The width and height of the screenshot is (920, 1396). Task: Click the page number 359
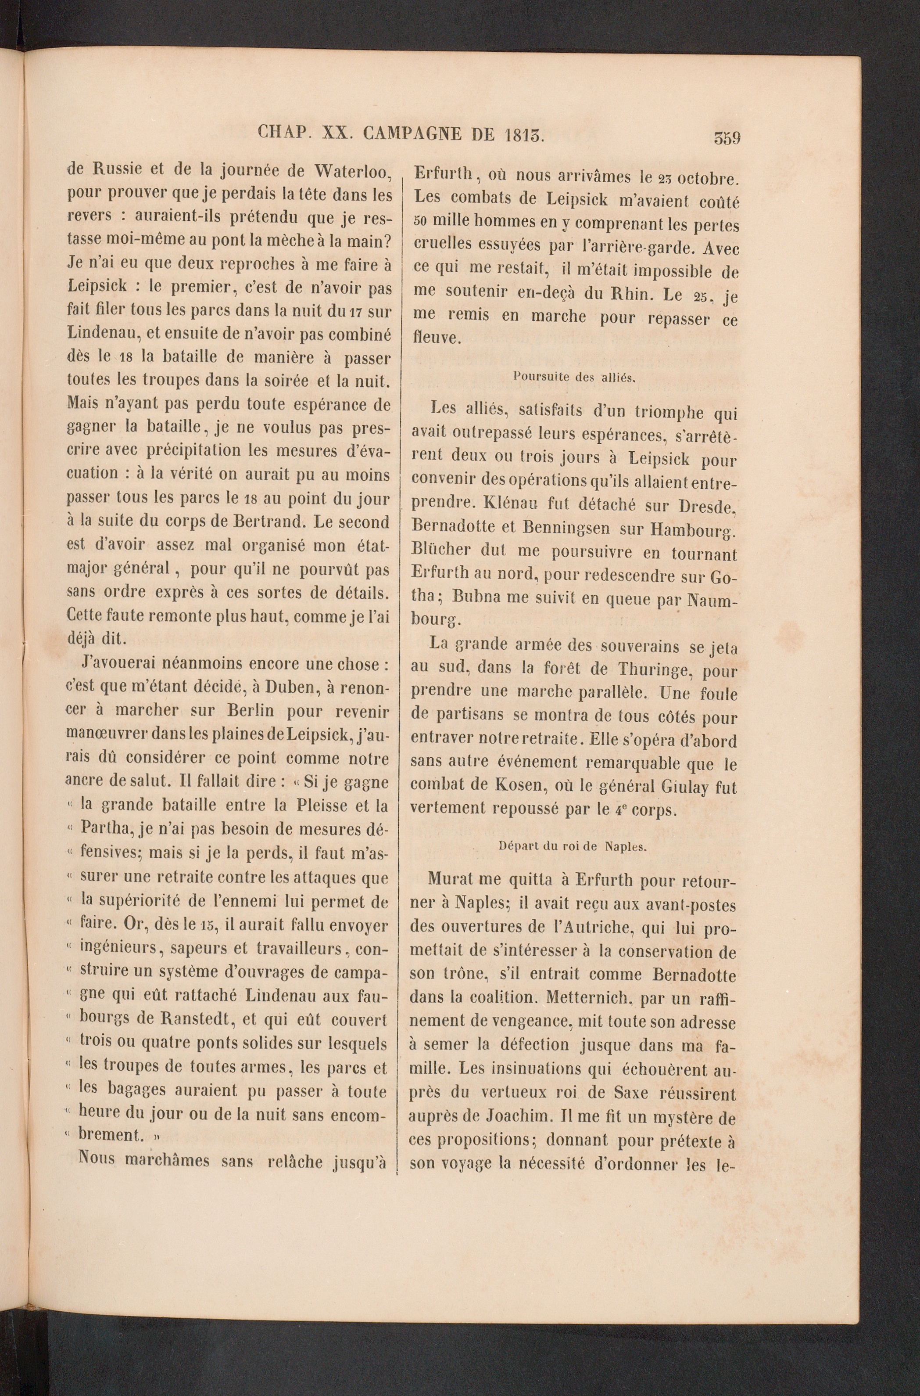[x=727, y=139]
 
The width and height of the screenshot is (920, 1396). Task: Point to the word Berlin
[x=251, y=710]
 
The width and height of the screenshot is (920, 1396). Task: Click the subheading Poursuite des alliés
[x=574, y=378]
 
